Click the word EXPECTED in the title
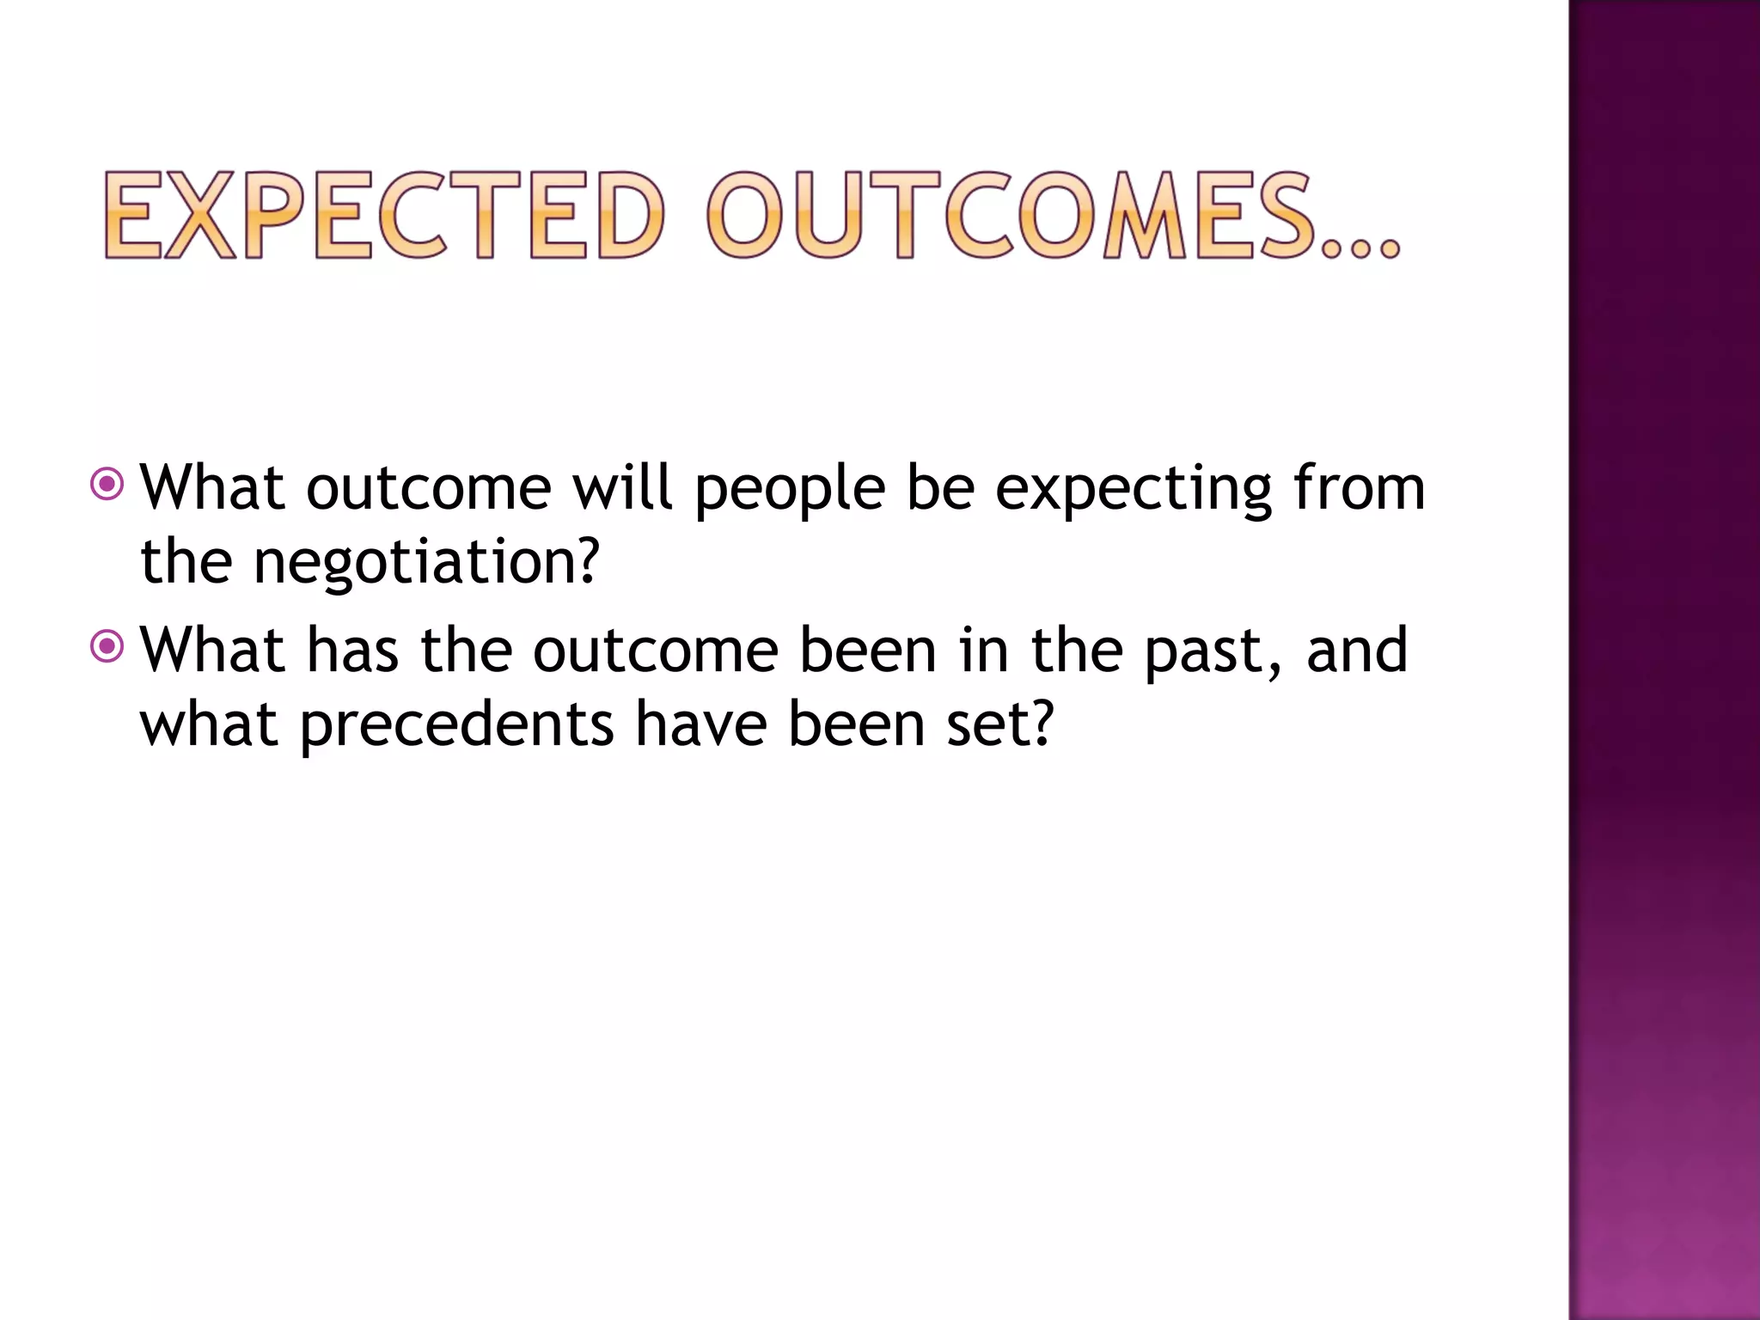[x=384, y=215]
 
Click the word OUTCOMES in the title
[x=1010, y=215]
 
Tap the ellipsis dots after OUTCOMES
[x=1361, y=248]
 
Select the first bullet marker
[x=107, y=484]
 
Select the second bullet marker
[x=107, y=645]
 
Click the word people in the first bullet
[x=789, y=488]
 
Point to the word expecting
[x=1133, y=488]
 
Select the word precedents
[x=456, y=725]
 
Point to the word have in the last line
[x=700, y=724]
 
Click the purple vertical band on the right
[x=1664, y=660]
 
